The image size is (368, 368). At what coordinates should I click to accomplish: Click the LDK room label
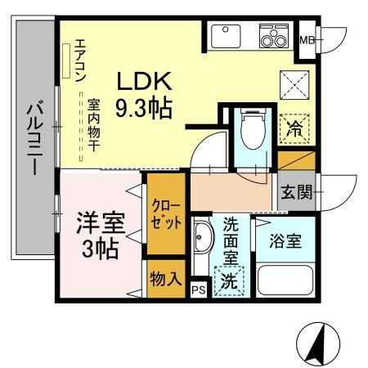[x=145, y=81]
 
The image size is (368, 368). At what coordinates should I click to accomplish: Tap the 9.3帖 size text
[x=144, y=107]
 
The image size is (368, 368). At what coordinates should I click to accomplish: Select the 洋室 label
[x=101, y=223]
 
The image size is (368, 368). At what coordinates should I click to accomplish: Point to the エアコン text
[x=80, y=61]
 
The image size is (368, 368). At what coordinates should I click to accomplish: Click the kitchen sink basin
[x=226, y=36]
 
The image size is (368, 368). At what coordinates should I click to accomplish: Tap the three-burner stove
[x=274, y=36]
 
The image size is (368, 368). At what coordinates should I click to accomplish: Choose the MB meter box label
[x=307, y=40]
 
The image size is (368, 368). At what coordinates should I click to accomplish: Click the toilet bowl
[x=253, y=128]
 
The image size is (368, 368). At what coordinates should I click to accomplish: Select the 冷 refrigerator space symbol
[x=295, y=129]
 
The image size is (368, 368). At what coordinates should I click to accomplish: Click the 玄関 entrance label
[x=297, y=191]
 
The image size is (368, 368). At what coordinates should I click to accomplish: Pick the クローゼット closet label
[x=166, y=214]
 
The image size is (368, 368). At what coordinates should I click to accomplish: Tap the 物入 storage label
[x=166, y=279]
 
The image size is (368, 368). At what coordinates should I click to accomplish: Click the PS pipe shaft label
[x=199, y=290]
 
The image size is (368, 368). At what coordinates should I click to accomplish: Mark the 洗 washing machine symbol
[x=229, y=281]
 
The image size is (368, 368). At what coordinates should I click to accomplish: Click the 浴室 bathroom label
[x=285, y=240]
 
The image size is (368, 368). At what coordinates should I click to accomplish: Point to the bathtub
[x=285, y=280]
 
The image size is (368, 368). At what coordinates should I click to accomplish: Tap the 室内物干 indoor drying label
[x=93, y=125]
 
